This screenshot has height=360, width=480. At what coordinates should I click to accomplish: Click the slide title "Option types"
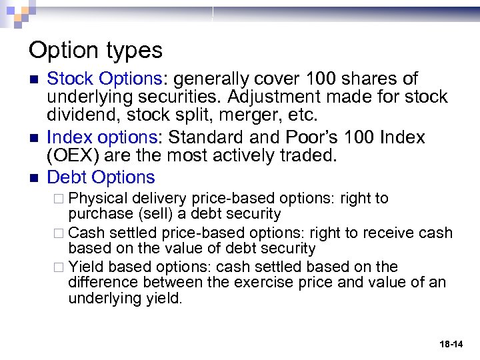pyautogui.click(x=95, y=50)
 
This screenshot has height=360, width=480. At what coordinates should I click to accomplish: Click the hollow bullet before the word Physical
pyautogui.click(x=59, y=199)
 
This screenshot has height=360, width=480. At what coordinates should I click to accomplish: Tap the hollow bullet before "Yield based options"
pyautogui.click(x=59, y=267)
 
